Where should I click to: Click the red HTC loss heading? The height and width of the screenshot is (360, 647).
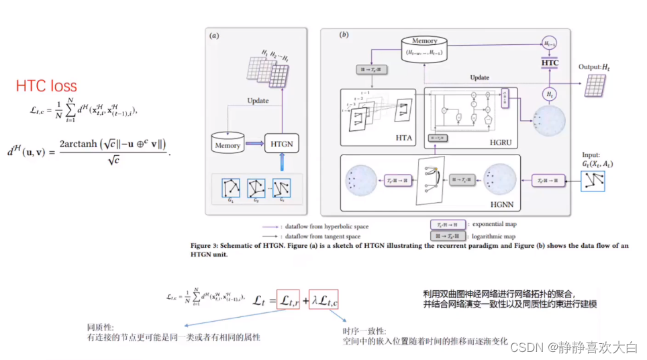click(x=46, y=86)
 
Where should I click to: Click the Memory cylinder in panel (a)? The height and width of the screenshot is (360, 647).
click(x=226, y=144)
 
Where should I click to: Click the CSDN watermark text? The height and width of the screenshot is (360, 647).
click(x=574, y=347)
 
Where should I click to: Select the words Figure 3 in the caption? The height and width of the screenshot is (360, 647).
click(x=207, y=246)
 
